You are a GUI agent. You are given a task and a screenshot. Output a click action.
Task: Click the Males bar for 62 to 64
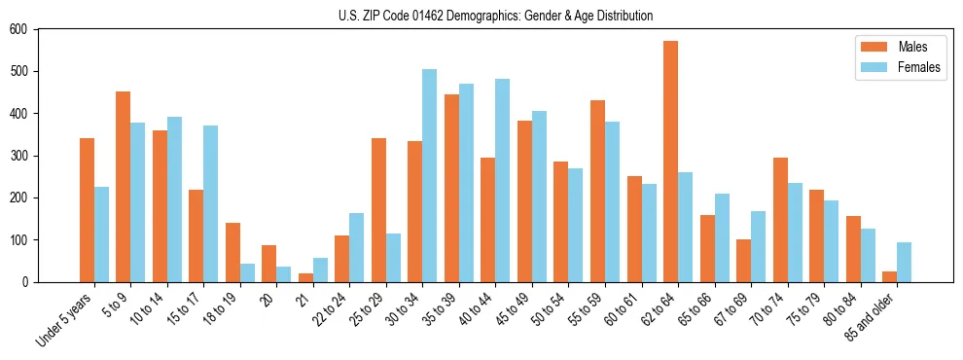click(x=671, y=162)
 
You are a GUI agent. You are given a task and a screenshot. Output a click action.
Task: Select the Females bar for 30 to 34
click(x=429, y=176)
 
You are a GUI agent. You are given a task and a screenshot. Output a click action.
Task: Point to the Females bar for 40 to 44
click(x=502, y=181)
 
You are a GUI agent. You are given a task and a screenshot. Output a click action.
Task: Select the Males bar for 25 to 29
click(x=378, y=210)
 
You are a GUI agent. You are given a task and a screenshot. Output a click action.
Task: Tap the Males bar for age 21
click(x=305, y=277)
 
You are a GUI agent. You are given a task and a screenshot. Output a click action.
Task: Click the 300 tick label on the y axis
click(x=19, y=156)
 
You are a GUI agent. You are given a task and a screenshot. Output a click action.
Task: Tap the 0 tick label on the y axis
click(x=26, y=282)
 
